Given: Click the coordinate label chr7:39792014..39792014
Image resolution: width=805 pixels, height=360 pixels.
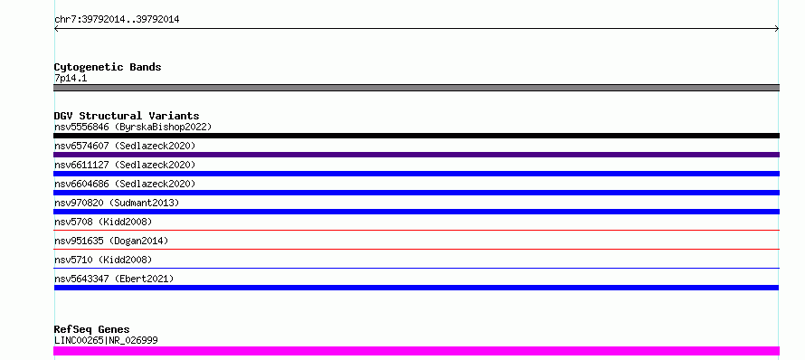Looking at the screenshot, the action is pyautogui.click(x=117, y=20).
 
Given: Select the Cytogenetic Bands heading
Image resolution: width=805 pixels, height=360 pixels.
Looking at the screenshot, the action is pyautogui.click(x=108, y=67).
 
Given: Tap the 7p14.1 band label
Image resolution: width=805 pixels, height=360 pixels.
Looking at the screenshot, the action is pyautogui.click(x=71, y=78).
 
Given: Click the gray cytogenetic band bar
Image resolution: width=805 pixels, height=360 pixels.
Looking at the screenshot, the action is pyautogui.click(x=416, y=88).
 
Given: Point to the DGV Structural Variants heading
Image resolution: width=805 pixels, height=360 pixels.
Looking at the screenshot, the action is pyautogui.click(x=127, y=116).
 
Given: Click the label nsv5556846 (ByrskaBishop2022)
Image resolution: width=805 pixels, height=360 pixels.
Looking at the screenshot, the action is pyautogui.click(x=133, y=127).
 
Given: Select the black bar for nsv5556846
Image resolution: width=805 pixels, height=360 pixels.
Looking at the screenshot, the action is pyautogui.click(x=416, y=136).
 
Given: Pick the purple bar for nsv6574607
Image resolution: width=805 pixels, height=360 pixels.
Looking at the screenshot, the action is pyautogui.click(x=416, y=155).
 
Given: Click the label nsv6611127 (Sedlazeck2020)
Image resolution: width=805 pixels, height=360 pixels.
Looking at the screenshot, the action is pyautogui.click(x=125, y=165).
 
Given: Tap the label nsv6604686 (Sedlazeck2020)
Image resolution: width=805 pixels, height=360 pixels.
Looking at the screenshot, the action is pyautogui.click(x=125, y=184).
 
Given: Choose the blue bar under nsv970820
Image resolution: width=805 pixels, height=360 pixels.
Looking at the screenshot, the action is pyautogui.click(x=416, y=212).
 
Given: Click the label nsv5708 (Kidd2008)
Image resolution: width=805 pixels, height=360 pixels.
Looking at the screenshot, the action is pyautogui.click(x=103, y=222).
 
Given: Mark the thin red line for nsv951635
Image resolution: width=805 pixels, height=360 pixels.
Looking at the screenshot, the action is pyautogui.click(x=416, y=249).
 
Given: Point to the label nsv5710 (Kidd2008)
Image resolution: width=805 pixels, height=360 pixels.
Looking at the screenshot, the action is pyautogui.click(x=103, y=260).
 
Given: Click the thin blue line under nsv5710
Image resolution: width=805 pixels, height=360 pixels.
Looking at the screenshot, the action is pyautogui.click(x=416, y=268).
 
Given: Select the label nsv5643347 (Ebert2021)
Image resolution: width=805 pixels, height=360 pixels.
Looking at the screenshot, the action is pyautogui.click(x=114, y=279).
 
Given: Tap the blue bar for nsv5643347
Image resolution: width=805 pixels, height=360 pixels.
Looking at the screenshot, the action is pyautogui.click(x=416, y=288).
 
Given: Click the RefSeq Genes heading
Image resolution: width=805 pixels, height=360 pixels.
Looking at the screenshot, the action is pyautogui.click(x=91, y=329).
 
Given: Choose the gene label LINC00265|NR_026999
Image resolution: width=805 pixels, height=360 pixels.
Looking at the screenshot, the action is pyautogui.click(x=106, y=340).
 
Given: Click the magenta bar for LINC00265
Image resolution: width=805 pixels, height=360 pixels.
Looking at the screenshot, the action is pyautogui.click(x=416, y=351).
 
